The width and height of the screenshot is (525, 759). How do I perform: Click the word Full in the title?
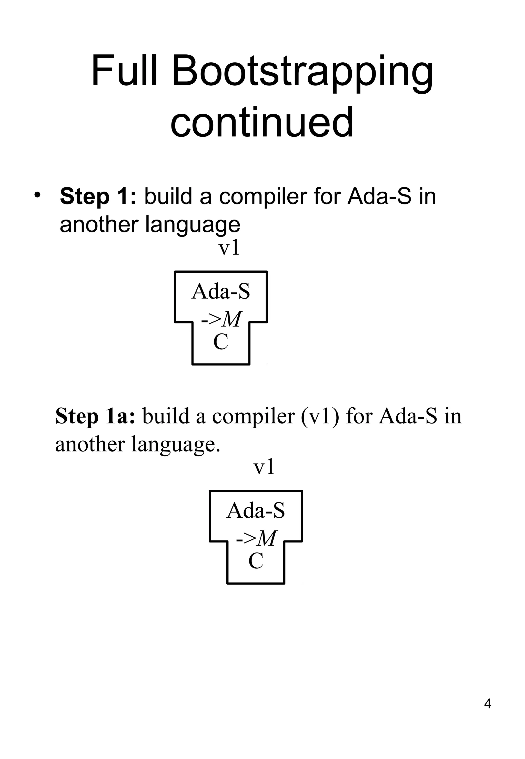(x=124, y=71)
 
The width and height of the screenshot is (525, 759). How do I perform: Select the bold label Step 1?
(x=98, y=196)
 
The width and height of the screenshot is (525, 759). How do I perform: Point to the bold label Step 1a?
(x=95, y=416)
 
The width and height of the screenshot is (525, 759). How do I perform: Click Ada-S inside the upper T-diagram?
(x=221, y=292)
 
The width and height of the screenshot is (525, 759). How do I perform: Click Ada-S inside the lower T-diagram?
(x=256, y=510)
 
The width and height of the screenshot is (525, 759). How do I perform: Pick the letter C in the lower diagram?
(x=256, y=561)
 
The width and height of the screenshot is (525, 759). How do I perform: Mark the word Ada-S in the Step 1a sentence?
(x=408, y=416)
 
